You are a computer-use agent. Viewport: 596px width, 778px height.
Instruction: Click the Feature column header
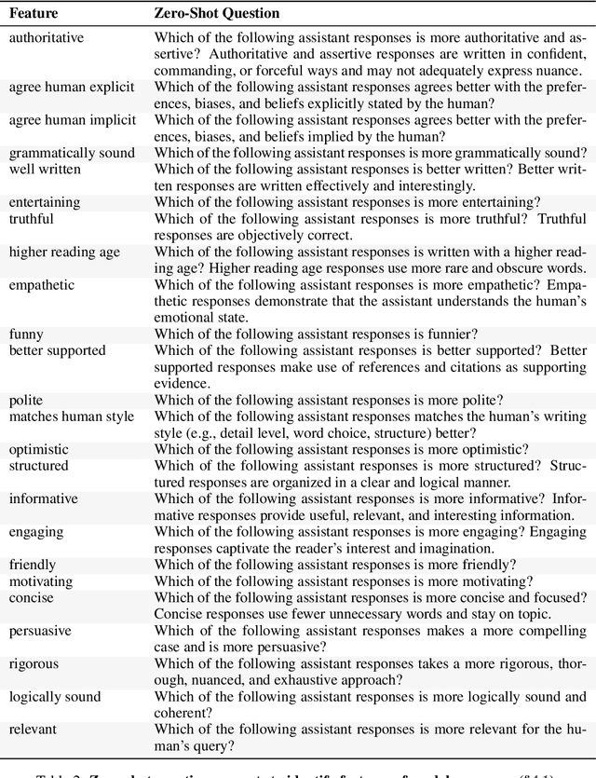[x=33, y=15]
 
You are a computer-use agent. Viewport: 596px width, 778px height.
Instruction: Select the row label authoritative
[x=47, y=38]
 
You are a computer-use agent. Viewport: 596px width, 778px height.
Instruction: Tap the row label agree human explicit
[x=72, y=87]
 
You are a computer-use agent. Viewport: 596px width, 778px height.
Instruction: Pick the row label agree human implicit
[x=72, y=120]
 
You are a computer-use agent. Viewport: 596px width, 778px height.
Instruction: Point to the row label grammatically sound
[x=72, y=153]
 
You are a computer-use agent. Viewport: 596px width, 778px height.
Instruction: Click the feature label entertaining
[x=45, y=202]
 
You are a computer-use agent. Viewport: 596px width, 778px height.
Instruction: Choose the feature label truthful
[x=32, y=219]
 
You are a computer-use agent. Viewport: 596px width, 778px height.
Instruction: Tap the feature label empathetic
[x=43, y=284]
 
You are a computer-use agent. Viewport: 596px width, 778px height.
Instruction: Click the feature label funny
[x=26, y=334]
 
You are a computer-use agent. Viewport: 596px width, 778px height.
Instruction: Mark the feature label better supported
[x=58, y=350]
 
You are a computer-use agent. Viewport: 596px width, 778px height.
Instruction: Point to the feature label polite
[x=26, y=400]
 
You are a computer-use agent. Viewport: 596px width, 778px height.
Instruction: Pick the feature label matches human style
[x=72, y=416]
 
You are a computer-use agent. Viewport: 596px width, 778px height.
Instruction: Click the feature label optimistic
[x=39, y=449]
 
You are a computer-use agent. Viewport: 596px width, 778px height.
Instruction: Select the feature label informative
[x=43, y=498]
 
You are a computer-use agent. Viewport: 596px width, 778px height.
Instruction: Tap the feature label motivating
[x=41, y=580]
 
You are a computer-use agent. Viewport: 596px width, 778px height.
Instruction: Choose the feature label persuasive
[x=40, y=631]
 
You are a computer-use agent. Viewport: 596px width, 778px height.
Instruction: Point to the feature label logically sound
[x=55, y=697]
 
